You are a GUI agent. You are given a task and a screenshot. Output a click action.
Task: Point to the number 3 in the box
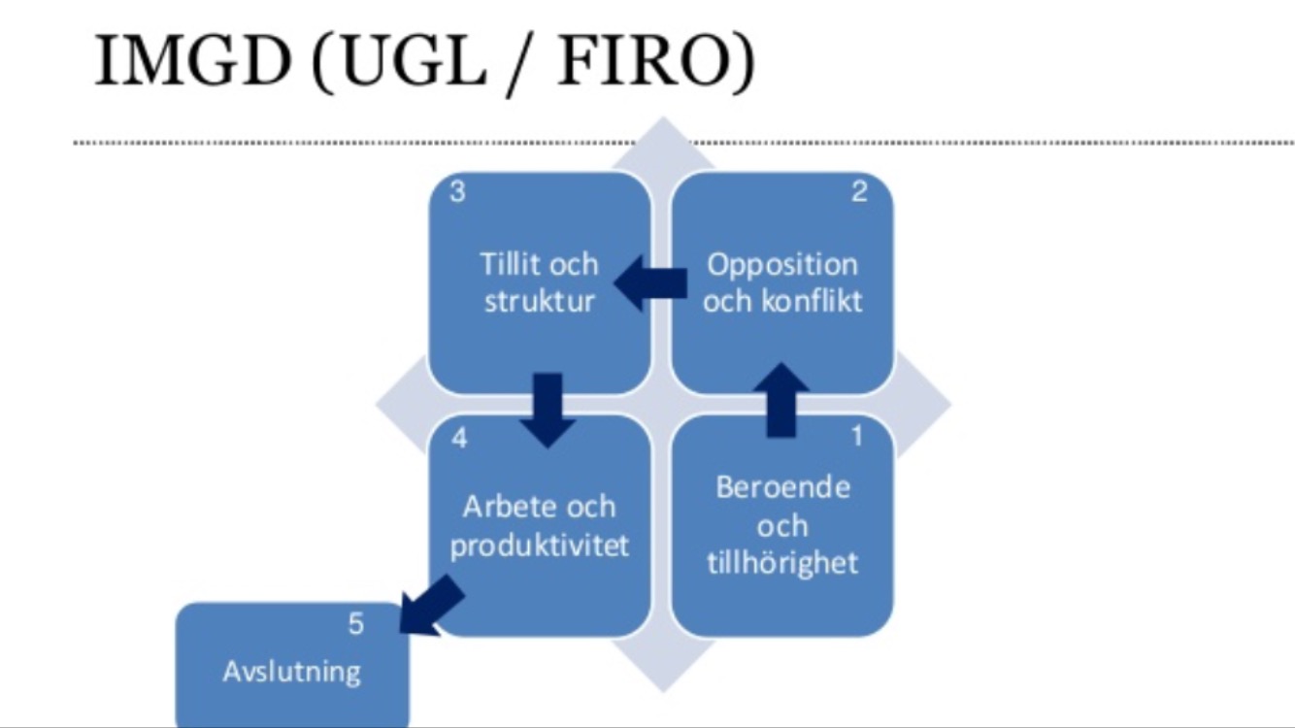click(457, 191)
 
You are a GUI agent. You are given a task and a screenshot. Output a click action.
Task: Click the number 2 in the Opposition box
click(860, 191)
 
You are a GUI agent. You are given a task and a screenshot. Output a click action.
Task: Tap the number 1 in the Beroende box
click(857, 436)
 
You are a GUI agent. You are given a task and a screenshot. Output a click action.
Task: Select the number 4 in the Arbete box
click(459, 439)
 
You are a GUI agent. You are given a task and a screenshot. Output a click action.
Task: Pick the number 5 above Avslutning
click(356, 624)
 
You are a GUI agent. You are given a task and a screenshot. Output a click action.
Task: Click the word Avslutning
click(292, 672)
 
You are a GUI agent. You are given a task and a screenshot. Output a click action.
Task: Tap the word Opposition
click(782, 266)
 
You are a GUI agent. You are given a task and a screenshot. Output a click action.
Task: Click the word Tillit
click(509, 264)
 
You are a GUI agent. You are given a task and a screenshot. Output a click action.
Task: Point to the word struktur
click(540, 301)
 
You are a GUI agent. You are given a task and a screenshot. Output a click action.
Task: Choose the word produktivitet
click(540, 546)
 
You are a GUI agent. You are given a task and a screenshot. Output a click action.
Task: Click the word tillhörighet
click(782, 563)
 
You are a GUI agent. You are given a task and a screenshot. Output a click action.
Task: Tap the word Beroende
click(782, 487)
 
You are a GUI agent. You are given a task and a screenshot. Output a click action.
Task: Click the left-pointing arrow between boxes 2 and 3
click(649, 283)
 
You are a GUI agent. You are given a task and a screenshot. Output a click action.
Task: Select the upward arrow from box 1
click(781, 400)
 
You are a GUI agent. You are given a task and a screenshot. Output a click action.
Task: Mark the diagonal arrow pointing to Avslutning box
click(431, 605)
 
